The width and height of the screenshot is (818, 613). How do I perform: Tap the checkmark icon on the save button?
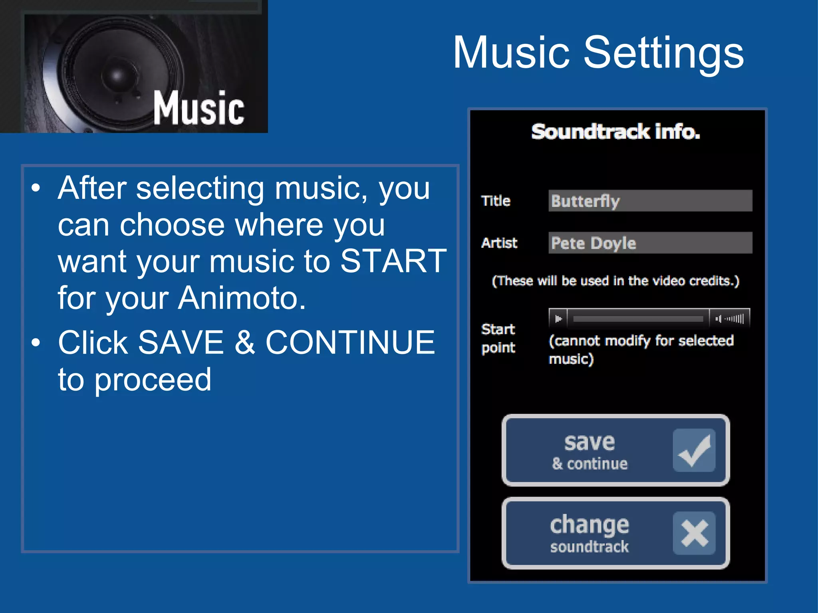pos(694,451)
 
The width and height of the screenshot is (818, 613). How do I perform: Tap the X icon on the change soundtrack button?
pos(694,533)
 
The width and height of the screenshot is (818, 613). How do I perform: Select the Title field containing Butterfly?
pos(650,201)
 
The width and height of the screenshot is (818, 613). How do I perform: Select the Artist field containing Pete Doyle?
pos(650,243)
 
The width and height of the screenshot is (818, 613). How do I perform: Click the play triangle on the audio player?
pos(558,319)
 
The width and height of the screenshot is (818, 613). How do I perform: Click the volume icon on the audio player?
pos(719,319)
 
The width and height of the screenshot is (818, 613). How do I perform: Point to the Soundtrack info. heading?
pos(615,132)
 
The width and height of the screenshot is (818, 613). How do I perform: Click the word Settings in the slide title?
pos(663,53)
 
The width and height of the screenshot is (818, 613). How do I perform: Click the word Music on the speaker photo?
pos(199,108)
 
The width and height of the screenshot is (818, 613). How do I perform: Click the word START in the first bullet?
pos(393,261)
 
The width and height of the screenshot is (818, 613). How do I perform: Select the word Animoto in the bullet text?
pos(242,298)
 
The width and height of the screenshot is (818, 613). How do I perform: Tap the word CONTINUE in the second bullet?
pos(350,342)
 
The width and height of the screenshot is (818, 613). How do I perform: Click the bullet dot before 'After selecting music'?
pos(36,188)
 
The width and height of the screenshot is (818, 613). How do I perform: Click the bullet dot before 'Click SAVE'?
pos(36,342)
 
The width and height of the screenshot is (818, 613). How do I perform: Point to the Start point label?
pos(498,338)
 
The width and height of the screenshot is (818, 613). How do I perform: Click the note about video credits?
pos(615,281)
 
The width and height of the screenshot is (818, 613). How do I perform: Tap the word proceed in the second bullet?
pos(153,380)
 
